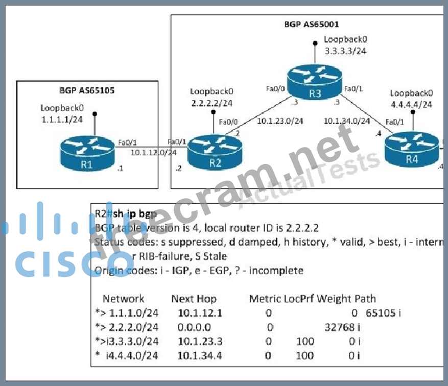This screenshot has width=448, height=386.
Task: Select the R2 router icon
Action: pyautogui.click(x=214, y=153)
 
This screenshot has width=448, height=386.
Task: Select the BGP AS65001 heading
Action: pyautogui.click(x=311, y=23)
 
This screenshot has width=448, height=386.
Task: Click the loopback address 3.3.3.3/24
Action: pyautogui.click(x=345, y=51)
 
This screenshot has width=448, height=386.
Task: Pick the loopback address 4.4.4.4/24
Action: pyautogui.click(x=411, y=104)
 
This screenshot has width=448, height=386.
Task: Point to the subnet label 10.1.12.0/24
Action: pyautogui.click(x=153, y=152)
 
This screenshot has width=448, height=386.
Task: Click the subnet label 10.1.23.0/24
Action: pyautogui.click(x=279, y=121)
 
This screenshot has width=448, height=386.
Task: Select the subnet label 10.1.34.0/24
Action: pyautogui.click(x=347, y=121)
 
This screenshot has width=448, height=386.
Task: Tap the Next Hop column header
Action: pyautogui.click(x=194, y=299)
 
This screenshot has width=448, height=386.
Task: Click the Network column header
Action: pyautogui.click(x=124, y=299)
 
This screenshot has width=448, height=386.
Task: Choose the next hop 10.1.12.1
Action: pyautogui.click(x=200, y=313)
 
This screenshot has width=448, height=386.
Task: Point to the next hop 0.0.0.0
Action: pyautogui.click(x=194, y=327)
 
